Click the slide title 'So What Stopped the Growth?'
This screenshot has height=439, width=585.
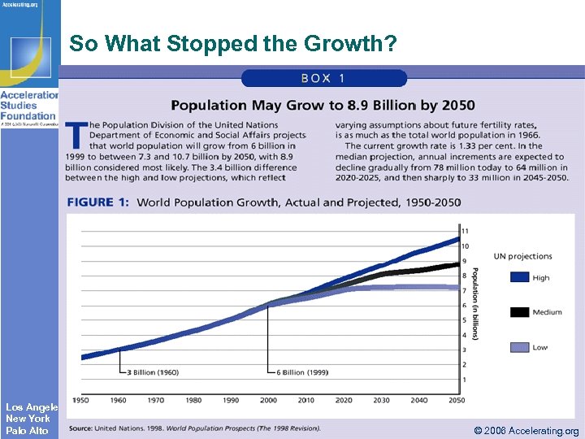233,45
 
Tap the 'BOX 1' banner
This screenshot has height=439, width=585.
323,78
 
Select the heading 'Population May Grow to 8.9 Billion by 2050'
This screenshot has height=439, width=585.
323,105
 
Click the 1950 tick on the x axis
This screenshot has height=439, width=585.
80,400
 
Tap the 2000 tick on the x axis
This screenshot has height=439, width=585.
267,400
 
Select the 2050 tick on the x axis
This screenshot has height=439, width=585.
456,400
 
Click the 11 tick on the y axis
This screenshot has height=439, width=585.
465,232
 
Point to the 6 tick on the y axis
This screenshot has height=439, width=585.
465,306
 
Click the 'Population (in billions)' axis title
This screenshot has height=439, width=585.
476,302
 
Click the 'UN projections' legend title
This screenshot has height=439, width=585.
522,257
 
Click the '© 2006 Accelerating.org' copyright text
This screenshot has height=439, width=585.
526,431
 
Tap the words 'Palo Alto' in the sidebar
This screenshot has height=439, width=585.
28,430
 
